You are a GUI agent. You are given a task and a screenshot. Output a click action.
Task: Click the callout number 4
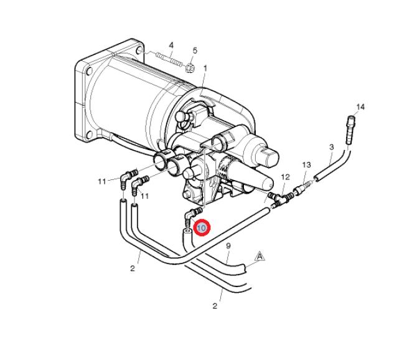(171, 45)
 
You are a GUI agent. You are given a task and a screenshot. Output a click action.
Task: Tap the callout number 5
(195, 50)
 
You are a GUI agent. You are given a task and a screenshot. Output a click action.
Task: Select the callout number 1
(205, 69)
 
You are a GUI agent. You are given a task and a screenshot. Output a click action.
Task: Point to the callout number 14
(360, 107)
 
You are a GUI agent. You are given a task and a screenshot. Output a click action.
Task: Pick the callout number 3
(331, 147)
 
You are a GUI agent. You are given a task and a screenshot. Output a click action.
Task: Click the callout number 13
(306, 164)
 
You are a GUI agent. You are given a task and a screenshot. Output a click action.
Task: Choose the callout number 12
(285, 177)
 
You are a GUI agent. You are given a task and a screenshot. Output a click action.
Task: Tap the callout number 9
(228, 246)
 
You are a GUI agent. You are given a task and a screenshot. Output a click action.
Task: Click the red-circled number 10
(202, 228)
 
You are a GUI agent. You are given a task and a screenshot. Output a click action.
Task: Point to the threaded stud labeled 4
(169, 59)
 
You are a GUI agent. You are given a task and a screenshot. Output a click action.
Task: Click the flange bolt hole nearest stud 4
(139, 50)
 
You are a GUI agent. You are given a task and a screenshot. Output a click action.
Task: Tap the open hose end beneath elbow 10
(187, 233)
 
